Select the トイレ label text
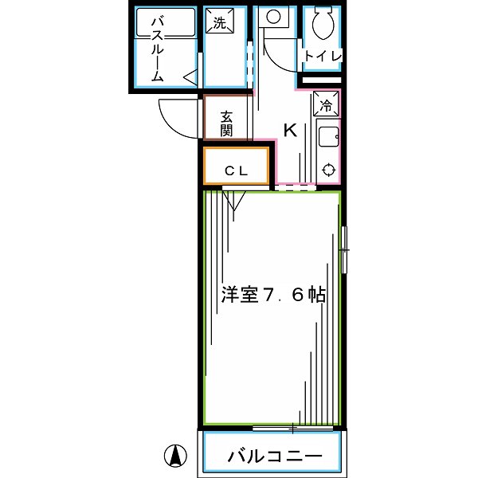[x=322, y=56]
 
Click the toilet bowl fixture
[x=323, y=24]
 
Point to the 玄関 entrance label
[x=227, y=122]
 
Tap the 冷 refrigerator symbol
[x=326, y=104]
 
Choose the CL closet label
[x=236, y=170]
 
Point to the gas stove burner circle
[x=327, y=169]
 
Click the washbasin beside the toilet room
[x=273, y=16]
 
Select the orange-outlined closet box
[x=236, y=166]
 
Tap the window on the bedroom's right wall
[x=344, y=249]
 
